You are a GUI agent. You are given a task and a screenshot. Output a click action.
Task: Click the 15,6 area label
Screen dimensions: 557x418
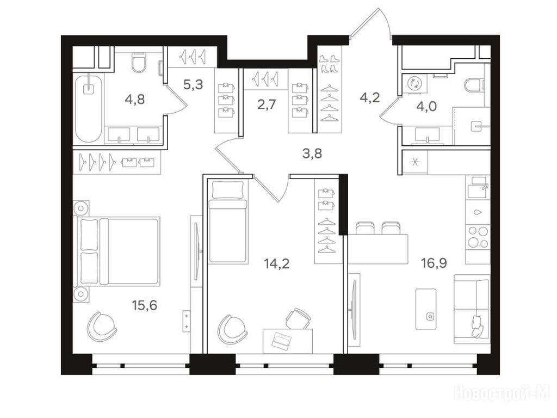(x=144, y=305)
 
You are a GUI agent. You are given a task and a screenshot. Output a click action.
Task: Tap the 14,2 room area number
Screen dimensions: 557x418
(x=276, y=264)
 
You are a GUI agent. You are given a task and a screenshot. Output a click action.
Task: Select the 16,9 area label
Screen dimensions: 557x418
(x=434, y=263)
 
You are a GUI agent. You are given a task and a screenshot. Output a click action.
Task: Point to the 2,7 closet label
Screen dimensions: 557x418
(x=267, y=105)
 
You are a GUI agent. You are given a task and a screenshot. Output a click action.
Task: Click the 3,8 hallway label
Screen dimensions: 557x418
(x=312, y=153)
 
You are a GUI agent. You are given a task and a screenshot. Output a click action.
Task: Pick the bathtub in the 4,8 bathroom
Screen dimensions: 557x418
(x=89, y=108)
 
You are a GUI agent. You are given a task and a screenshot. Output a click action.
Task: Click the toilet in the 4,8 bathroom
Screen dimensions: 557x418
(x=138, y=63)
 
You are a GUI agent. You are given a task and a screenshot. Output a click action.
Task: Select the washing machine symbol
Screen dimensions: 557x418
(x=414, y=84)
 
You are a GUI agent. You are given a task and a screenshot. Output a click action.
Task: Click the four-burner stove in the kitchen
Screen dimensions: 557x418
(x=478, y=237)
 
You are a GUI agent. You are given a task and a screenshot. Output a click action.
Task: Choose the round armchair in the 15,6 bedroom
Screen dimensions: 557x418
(x=102, y=327)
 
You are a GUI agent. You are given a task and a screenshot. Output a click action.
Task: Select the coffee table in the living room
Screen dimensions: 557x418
(x=426, y=309)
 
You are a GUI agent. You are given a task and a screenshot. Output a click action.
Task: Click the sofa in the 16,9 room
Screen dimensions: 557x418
(x=472, y=309)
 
